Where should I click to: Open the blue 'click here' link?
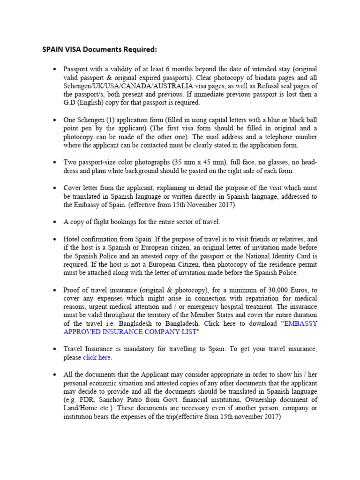(x=97, y=357)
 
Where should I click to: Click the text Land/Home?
(x=78, y=408)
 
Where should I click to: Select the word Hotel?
(x=73, y=239)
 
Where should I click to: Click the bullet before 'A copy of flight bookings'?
(x=54, y=222)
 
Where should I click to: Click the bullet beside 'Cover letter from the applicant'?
(x=54, y=188)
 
